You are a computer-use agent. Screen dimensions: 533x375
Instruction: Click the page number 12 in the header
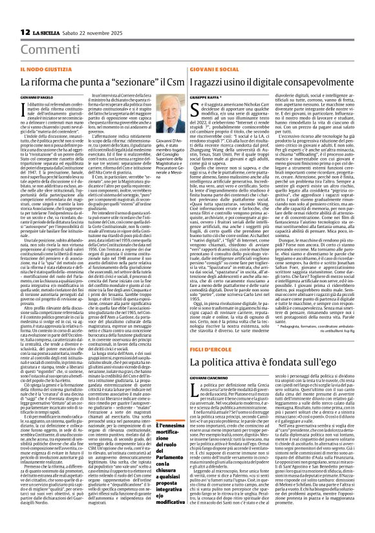[25, 32]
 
